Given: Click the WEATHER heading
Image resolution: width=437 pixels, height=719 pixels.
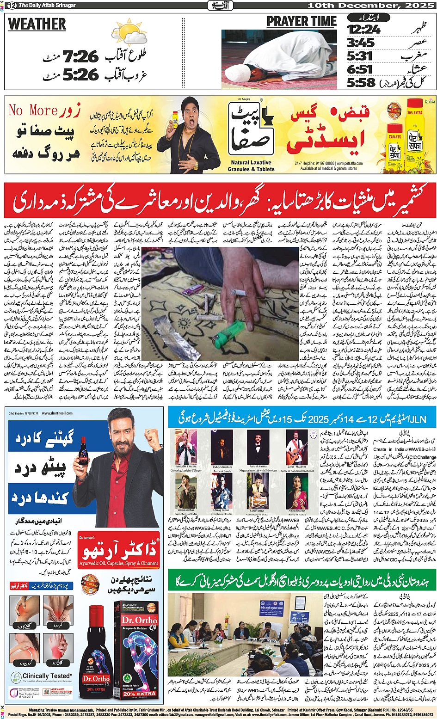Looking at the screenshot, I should click(37, 24).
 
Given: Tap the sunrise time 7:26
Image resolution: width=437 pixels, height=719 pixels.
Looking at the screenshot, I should click(81, 57).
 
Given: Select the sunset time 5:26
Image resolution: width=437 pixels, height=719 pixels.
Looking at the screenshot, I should click(81, 74).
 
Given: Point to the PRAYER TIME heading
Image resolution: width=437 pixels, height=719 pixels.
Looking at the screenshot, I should click(302, 21).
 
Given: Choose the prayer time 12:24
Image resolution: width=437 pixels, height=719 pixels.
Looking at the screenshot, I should click(363, 30).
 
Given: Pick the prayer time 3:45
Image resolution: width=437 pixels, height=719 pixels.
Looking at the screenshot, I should click(361, 43).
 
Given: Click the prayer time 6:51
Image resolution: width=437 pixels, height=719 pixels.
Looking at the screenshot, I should click(360, 69).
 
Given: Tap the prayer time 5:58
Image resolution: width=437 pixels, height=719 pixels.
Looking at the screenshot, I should click(361, 83).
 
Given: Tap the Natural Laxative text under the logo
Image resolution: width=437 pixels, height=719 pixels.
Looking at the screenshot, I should click(251, 163).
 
